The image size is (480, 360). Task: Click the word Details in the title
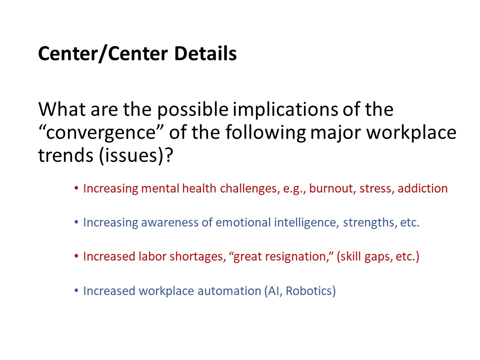(205, 53)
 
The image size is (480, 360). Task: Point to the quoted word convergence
(102, 133)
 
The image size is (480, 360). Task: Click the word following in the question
(265, 133)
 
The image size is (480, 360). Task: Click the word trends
(65, 155)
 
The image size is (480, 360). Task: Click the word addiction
(422, 188)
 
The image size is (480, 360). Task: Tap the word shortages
(198, 256)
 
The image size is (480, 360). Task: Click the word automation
(229, 291)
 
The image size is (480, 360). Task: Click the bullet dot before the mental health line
(76, 188)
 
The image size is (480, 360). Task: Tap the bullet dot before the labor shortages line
(76, 256)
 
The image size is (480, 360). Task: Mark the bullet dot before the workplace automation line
(76, 290)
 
